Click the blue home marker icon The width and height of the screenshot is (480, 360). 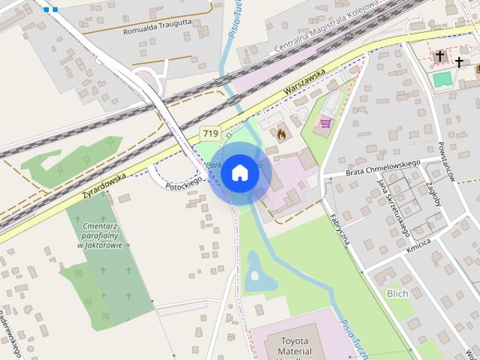240,172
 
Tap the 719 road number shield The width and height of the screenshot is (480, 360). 210,133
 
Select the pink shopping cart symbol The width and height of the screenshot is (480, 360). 326,122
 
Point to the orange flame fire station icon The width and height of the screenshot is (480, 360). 281,133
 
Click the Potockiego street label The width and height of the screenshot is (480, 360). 184,182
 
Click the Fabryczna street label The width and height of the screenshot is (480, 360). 340,229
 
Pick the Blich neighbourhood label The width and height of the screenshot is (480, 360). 397,293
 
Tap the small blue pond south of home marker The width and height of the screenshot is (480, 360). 257,274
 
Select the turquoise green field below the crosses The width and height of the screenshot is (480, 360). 442,79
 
